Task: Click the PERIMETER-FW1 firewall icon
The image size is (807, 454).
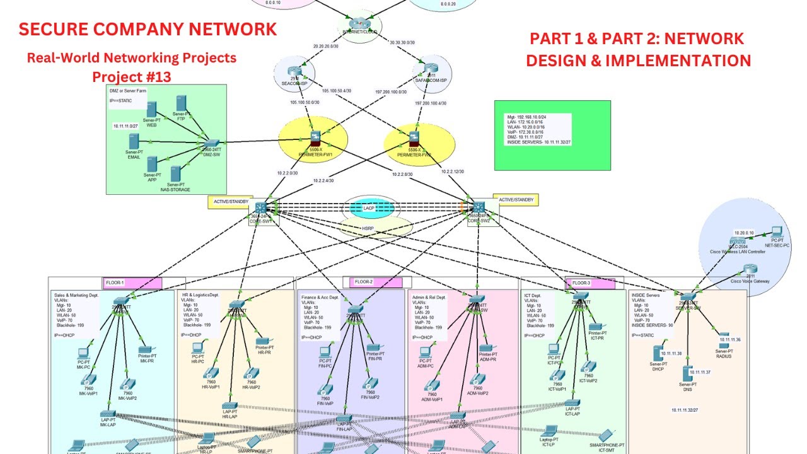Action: coord(316,137)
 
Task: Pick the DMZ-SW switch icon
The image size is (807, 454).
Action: coord(212,144)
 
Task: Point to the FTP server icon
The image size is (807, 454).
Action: coord(182,104)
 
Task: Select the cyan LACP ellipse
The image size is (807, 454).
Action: coord(369,207)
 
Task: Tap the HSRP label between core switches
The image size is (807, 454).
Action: coord(368,228)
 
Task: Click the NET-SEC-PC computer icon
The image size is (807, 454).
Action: coord(777,233)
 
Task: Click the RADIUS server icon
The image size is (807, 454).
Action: coord(724,335)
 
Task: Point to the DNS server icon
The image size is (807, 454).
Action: coord(687,373)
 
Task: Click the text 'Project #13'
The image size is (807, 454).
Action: coord(131,76)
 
